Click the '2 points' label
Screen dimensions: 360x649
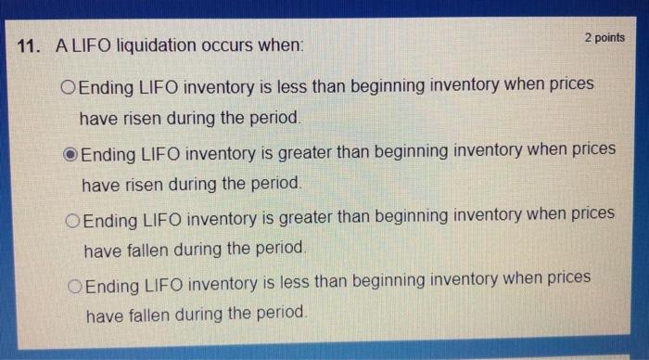[x=604, y=37]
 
